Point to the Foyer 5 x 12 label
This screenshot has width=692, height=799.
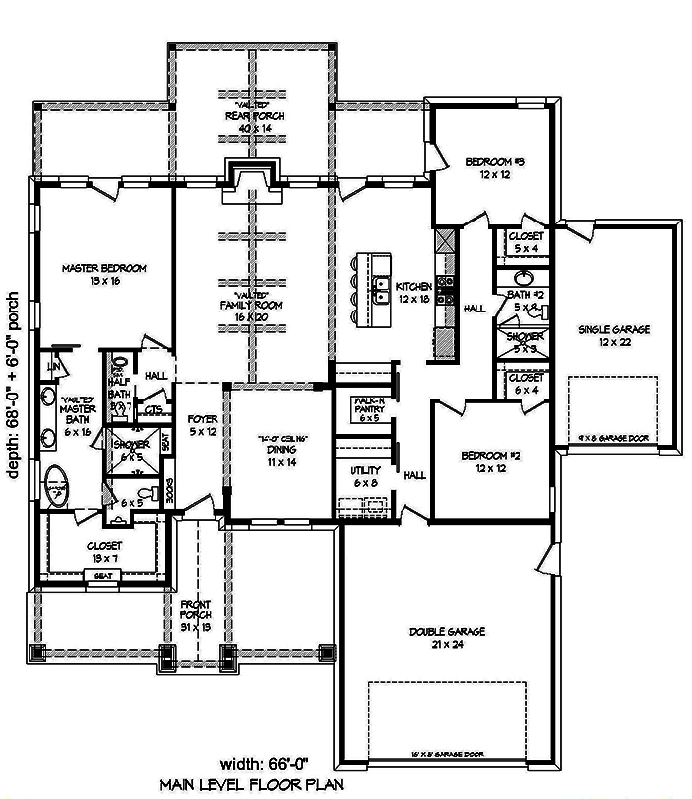[x=203, y=426]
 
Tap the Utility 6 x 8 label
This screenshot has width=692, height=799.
[x=364, y=475]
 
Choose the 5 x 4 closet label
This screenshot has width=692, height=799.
[x=524, y=243]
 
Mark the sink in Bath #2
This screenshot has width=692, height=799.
[x=523, y=279]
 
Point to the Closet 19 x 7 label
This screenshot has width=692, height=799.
[x=104, y=551]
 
